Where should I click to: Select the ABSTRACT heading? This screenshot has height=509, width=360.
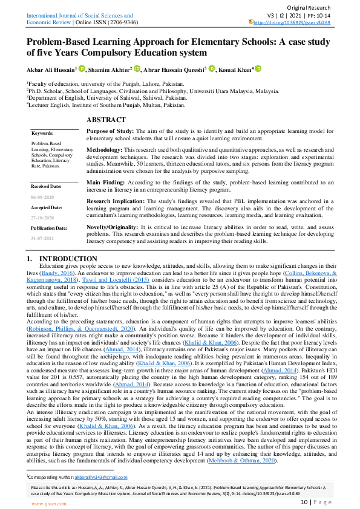106,120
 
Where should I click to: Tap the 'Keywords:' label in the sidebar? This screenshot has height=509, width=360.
42,133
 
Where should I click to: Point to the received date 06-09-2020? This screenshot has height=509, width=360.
43,197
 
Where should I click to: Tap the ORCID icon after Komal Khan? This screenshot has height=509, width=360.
258,69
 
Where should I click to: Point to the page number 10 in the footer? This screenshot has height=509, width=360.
305,502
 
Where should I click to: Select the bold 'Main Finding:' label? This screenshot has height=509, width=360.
108,181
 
